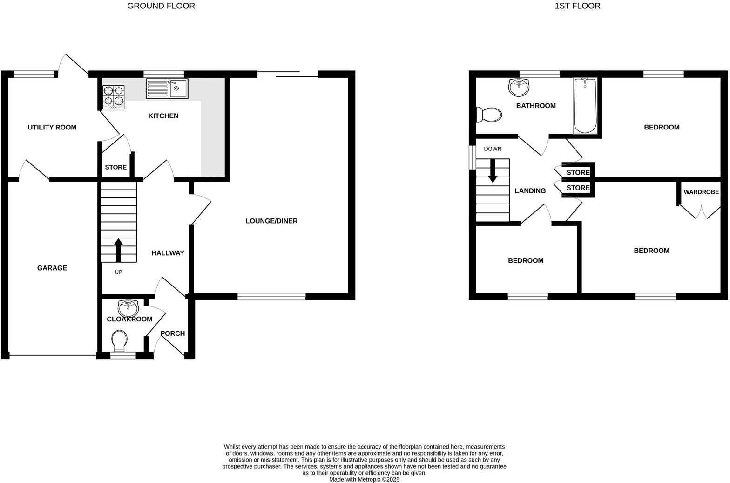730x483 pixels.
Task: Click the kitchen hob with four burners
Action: click(x=114, y=96)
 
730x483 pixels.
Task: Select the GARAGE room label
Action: click(x=52, y=268)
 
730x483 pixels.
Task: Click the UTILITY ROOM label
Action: click(x=52, y=127)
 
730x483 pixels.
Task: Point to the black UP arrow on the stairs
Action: click(x=118, y=249)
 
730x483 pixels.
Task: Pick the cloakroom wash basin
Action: click(x=128, y=308)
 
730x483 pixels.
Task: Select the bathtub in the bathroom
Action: click(x=585, y=106)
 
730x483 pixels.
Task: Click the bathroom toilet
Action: click(x=489, y=115)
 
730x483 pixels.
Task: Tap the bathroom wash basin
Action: click(x=519, y=86)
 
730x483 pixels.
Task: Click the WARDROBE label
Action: click(x=701, y=192)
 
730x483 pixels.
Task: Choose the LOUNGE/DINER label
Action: click(x=271, y=221)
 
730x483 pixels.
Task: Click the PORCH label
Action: click(x=172, y=333)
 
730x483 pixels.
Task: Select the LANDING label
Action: click(x=530, y=190)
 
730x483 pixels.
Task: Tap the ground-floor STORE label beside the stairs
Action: click(x=115, y=167)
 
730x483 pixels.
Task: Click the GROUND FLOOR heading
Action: click(x=161, y=6)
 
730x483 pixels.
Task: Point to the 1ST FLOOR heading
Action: click(x=577, y=6)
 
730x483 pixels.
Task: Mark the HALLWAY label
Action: click(x=168, y=253)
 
